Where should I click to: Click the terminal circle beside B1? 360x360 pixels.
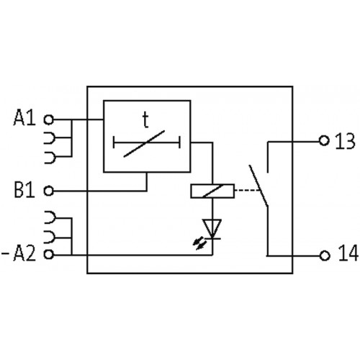pos(49,191)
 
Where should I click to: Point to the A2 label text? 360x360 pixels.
pos(27,254)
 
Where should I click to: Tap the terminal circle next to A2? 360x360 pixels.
pos(49,254)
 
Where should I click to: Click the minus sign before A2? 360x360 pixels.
pos(6,254)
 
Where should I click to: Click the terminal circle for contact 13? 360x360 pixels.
pos(323,141)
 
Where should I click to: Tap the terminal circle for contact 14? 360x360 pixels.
pos(323,255)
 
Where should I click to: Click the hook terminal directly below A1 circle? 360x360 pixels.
pos(49,137)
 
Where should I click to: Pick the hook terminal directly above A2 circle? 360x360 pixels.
pos(49,235)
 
